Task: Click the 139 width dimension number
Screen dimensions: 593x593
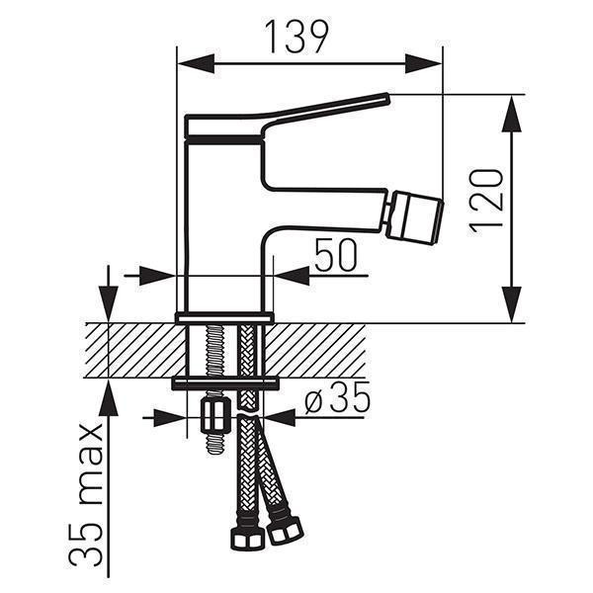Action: point(296,37)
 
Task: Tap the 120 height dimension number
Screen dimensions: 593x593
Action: point(486,203)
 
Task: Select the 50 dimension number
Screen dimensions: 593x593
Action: point(335,255)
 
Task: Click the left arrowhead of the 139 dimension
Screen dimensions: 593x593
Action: point(197,63)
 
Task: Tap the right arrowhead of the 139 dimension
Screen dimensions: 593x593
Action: point(423,63)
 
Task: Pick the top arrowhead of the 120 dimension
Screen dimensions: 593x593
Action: point(512,113)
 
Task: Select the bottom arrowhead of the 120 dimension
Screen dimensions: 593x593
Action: point(512,304)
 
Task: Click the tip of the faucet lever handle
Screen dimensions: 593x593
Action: point(387,98)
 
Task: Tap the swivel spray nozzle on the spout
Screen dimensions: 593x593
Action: point(414,218)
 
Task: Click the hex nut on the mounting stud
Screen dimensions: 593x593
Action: point(214,414)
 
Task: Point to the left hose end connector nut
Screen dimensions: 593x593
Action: point(246,536)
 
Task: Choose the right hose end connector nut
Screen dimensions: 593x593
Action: point(285,529)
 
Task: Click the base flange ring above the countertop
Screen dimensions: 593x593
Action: point(224,317)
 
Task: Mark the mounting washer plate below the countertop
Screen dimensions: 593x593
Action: point(225,383)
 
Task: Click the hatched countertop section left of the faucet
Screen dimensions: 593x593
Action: point(135,350)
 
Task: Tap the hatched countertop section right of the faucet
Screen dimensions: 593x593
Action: point(315,350)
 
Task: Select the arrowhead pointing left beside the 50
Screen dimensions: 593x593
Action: point(292,276)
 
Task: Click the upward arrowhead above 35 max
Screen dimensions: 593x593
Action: point(108,397)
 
